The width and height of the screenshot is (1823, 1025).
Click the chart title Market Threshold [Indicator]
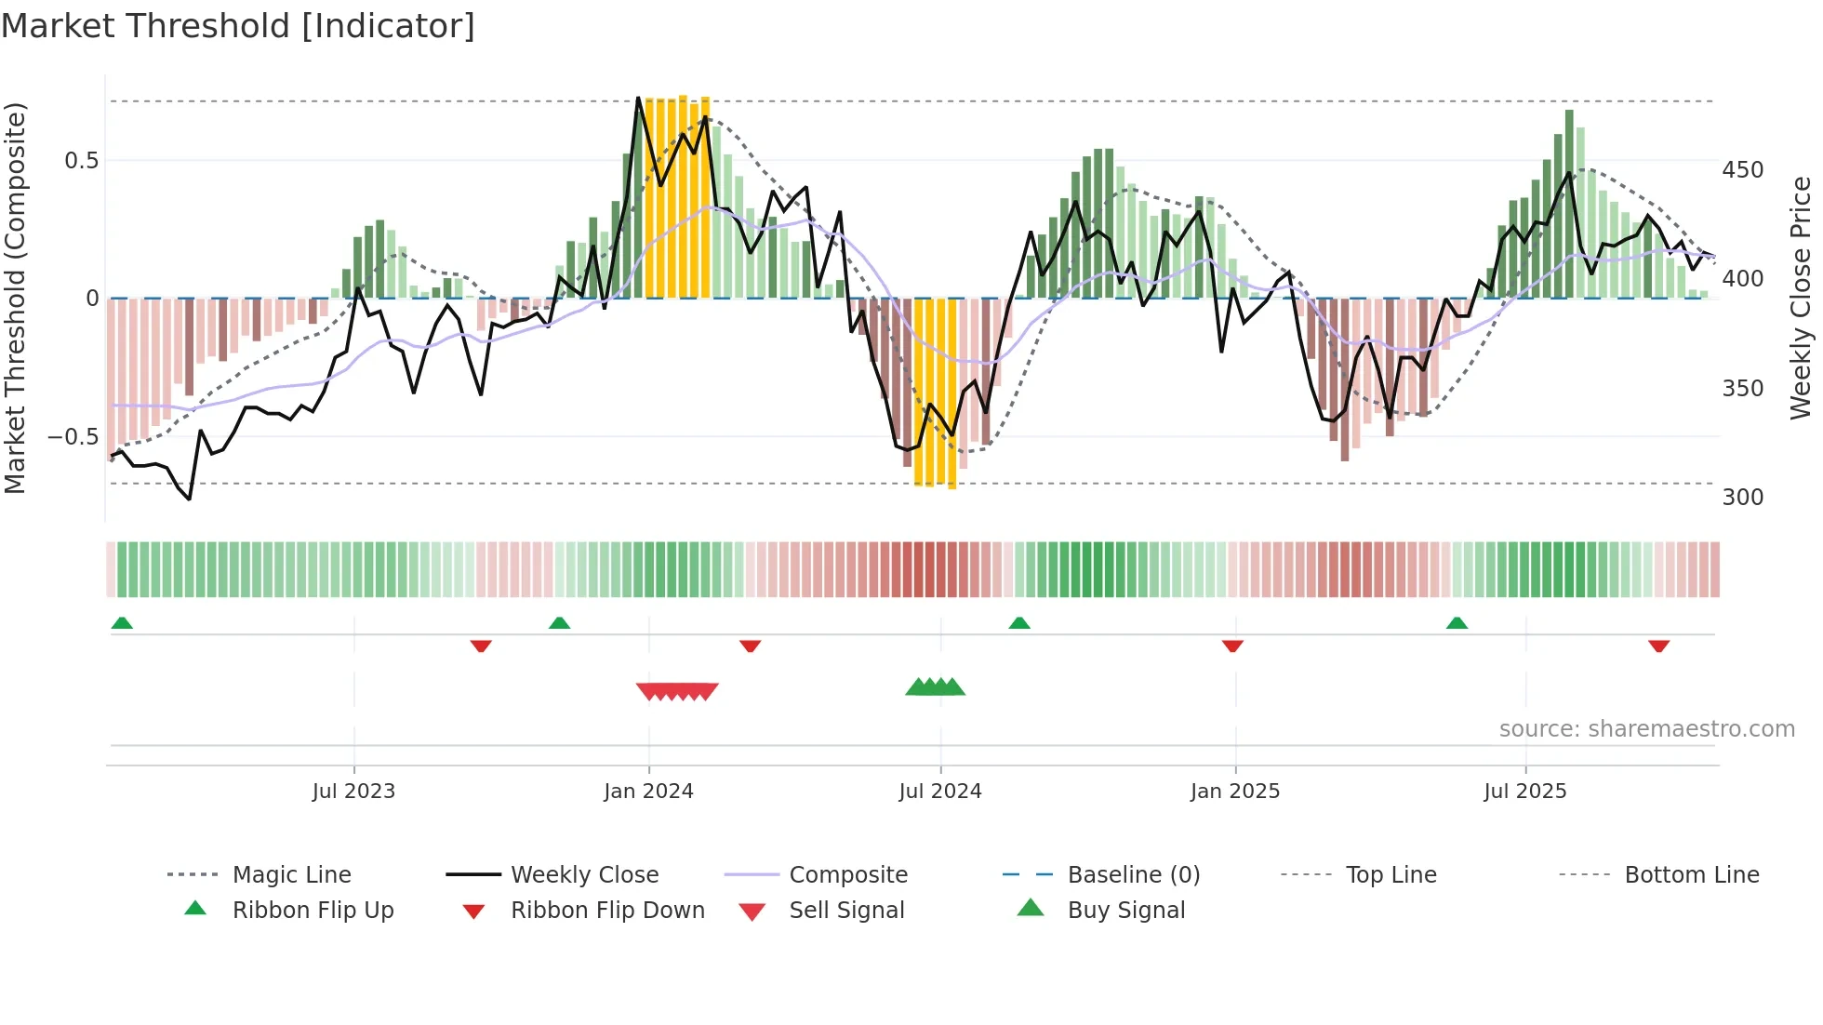click(x=238, y=26)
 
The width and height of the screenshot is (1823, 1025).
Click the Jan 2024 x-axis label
click(x=648, y=792)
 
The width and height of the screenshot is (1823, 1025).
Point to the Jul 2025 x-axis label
click(x=1524, y=792)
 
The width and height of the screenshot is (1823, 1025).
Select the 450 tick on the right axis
click(x=1742, y=170)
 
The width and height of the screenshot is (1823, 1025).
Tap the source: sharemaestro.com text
click(x=1646, y=729)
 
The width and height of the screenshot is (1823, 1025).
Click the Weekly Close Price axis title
click(x=1801, y=298)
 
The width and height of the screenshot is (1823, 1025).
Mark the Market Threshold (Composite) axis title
click(x=15, y=298)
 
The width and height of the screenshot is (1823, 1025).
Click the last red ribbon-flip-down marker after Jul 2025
click(x=1658, y=646)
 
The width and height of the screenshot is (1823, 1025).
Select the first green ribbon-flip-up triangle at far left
click(x=122, y=623)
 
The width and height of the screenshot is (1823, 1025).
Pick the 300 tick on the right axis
click(x=1742, y=498)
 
